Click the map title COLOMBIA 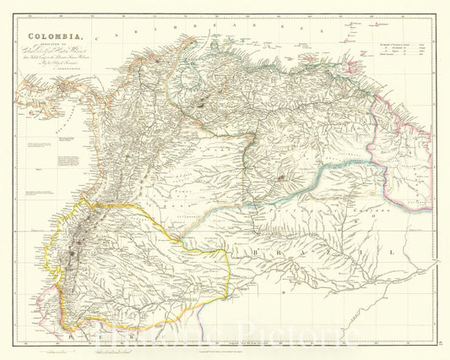[57, 36]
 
